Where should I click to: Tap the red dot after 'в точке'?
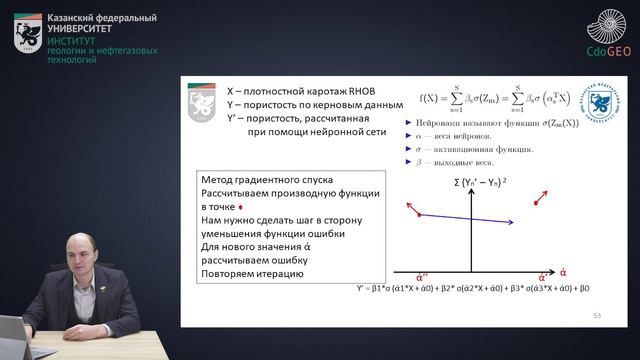[254, 207]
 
